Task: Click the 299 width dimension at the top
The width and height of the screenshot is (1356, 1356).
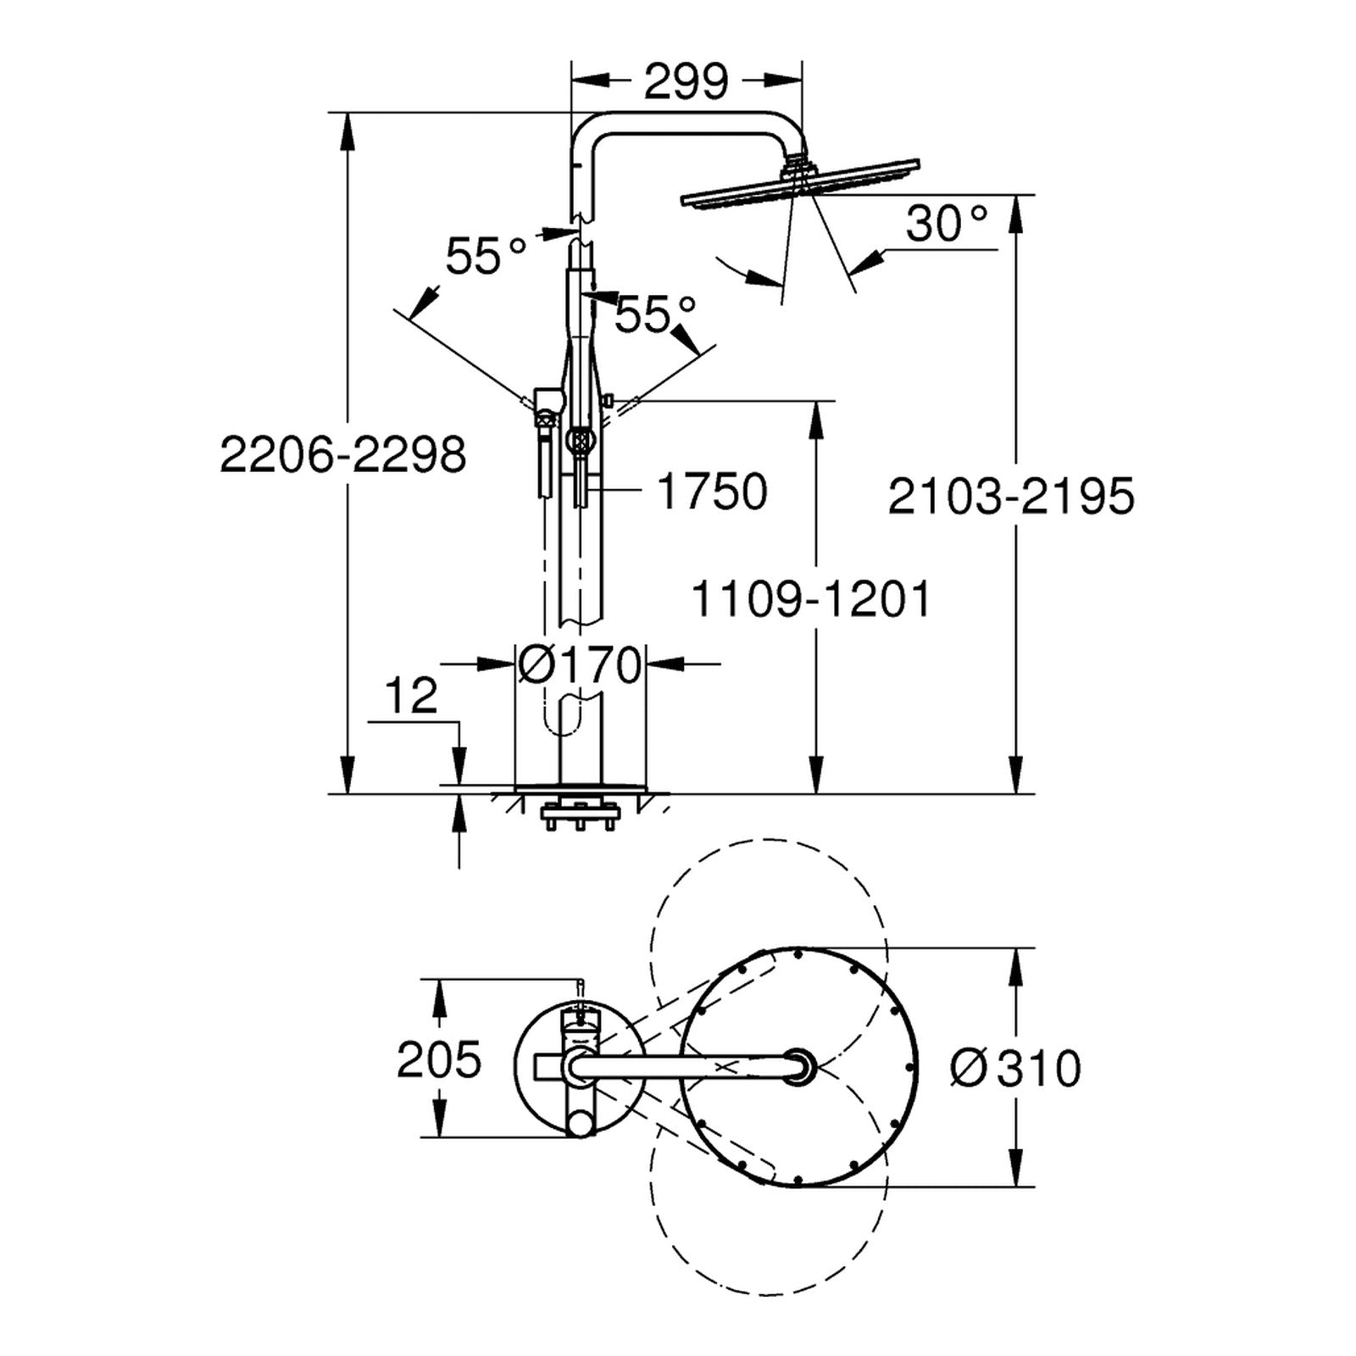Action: (x=686, y=82)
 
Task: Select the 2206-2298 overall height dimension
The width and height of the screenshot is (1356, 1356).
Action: (x=343, y=455)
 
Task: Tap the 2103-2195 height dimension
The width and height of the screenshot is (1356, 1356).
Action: (x=1010, y=497)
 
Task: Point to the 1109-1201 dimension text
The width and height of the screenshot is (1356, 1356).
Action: (x=812, y=599)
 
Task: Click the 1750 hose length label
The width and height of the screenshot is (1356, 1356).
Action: (x=713, y=492)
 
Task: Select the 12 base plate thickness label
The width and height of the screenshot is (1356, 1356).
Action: (x=411, y=695)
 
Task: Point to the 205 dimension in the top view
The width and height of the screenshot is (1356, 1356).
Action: (x=439, y=1059)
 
